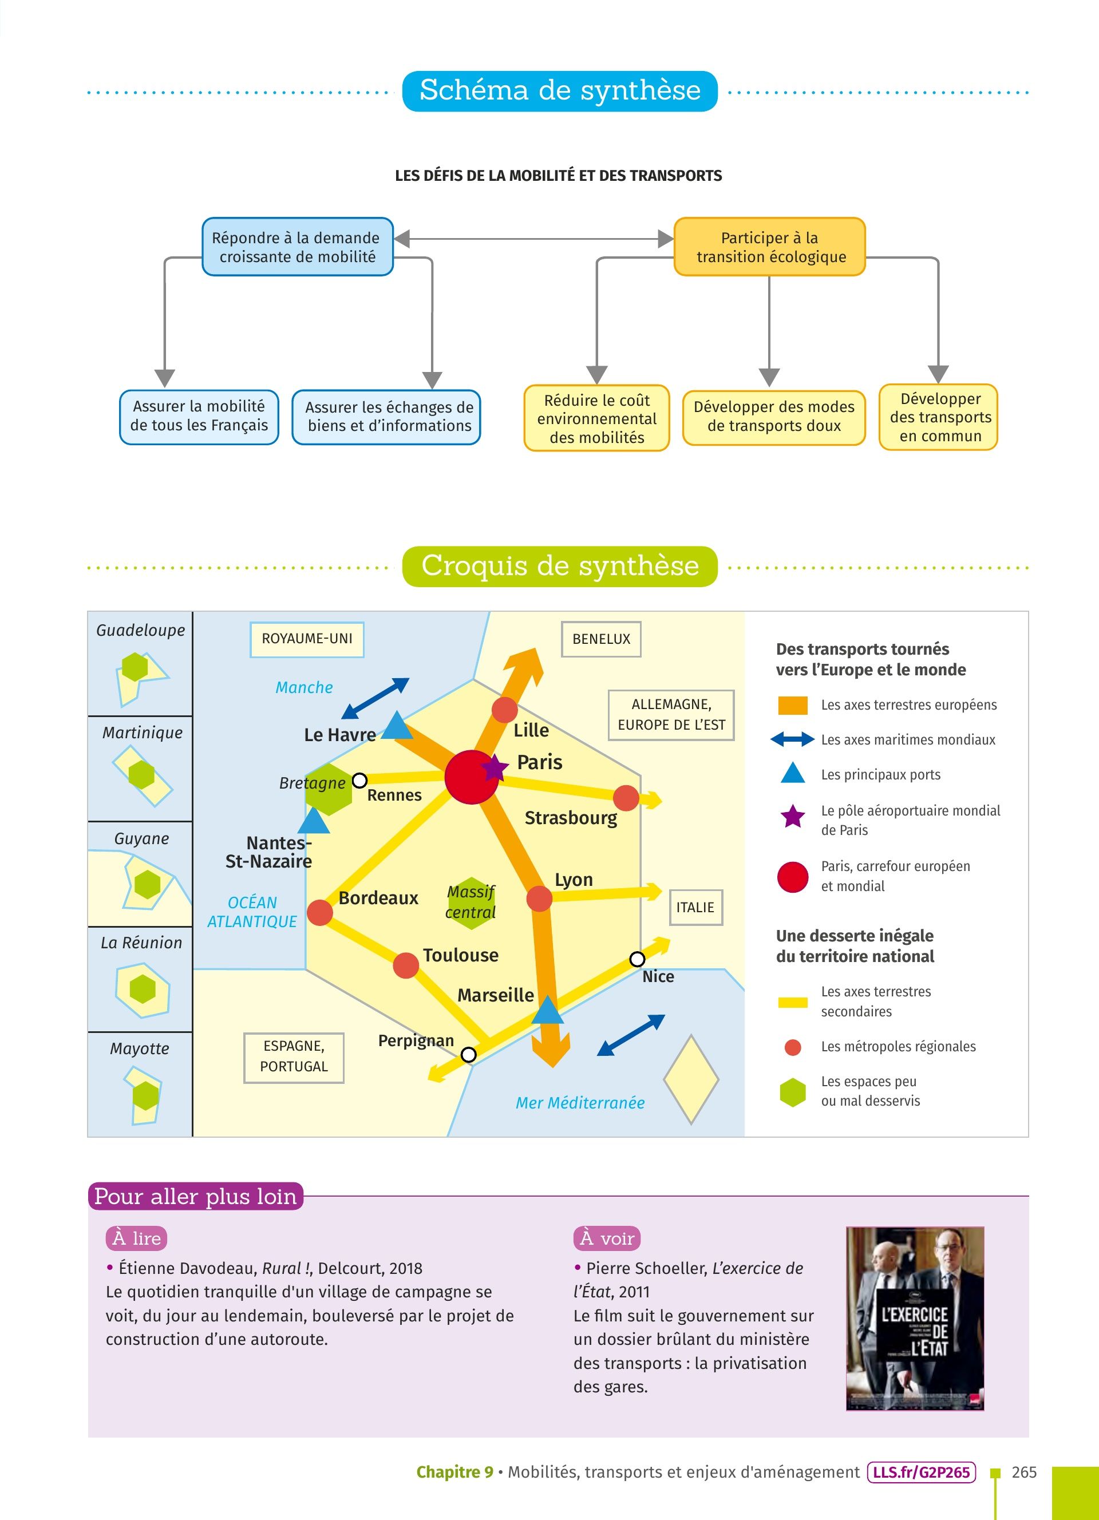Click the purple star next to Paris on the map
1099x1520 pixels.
click(495, 768)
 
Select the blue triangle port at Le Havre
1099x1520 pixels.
click(397, 726)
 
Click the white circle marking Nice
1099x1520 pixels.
click(637, 959)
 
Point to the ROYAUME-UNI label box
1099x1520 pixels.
click(307, 639)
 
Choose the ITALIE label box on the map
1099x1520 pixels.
click(695, 908)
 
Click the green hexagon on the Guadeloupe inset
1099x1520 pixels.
click(135, 667)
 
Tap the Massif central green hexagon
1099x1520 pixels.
click(471, 902)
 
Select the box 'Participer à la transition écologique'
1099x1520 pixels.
click(769, 247)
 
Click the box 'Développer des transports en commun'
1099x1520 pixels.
click(938, 417)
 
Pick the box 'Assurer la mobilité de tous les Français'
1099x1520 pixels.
click(199, 416)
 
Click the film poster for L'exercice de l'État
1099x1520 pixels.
click(915, 1319)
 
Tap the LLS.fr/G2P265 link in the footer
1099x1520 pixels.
click(921, 1472)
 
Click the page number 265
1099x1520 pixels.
click(1024, 1472)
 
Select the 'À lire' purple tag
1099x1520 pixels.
click(136, 1238)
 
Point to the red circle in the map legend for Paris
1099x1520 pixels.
click(793, 877)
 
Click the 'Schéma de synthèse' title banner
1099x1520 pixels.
click(560, 90)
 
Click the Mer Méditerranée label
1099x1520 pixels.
click(580, 1102)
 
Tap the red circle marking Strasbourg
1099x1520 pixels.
click(626, 798)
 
